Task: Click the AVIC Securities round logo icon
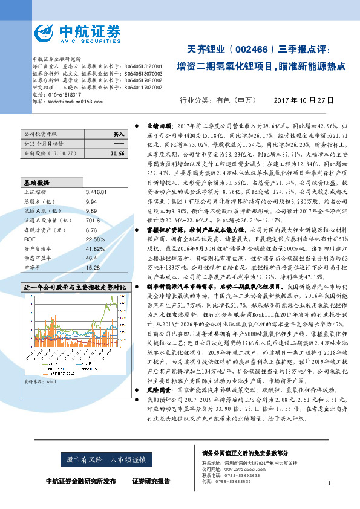46,32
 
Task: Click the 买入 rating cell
119,134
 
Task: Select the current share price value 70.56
117,155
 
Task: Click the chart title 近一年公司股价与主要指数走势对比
74,269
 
